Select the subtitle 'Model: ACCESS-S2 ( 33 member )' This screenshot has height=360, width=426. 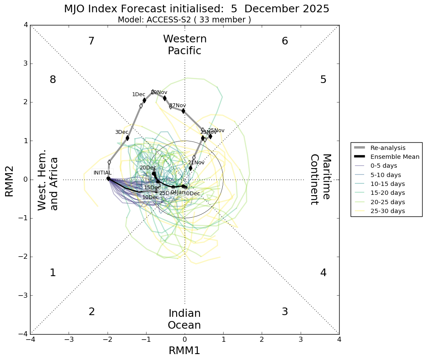pyautogui.click(x=184, y=20)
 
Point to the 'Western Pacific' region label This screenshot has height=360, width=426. pyautogui.click(x=185, y=45)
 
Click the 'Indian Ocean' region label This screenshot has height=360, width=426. pyautogui.click(x=184, y=319)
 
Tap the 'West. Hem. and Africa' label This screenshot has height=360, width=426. pyautogui.click(x=48, y=183)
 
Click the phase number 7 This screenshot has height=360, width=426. pyautogui.click(x=91, y=41)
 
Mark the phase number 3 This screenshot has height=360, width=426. pyautogui.click(x=285, y=312)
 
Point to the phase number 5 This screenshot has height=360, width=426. pyautogui.click(x=323, y=80)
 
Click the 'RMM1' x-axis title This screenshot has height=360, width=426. pyautogui.click(x=184, y=351)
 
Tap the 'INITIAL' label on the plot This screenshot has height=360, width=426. pyautogui.click(x=102, y=173)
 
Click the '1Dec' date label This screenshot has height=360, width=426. pyautogui.click(x=138, y=94)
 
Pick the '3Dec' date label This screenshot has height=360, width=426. pyautogui.click(x=122, y=132)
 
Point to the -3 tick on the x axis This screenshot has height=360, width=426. pyautogui.click(x=69, y=340)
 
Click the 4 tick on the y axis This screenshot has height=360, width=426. pyautogui.click(x=26, y=25)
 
